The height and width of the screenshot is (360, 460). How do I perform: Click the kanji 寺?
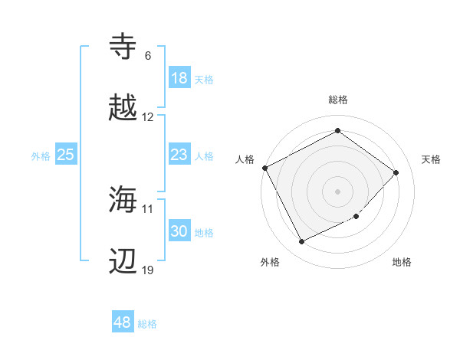[x=124, y=46]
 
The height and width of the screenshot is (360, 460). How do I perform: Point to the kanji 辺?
[x=124, y=261]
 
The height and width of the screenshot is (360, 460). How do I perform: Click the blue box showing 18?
[x=179, y=78]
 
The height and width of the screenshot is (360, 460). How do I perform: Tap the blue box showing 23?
[x=179, y=155]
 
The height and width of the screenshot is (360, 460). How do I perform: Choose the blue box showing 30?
[x=179, y=231]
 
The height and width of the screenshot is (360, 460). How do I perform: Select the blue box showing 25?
[x=66, y=155]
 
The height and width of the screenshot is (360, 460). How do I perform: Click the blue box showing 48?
[x=123, y=322]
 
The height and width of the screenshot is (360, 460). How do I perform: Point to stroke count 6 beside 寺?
[x=147, y=56]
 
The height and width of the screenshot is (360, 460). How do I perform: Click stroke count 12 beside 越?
[x=148, y=117]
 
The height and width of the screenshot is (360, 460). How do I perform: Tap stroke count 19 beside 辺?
[x=148, y=271]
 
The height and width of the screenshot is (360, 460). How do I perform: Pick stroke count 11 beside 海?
[x=148, y=208]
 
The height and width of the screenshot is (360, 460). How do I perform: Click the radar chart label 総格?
[x=337, y=100]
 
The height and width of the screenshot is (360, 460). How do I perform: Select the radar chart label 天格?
[x=432, y=159]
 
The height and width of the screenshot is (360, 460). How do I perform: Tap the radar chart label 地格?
[x=402, y=263]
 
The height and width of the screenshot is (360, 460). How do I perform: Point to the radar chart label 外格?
[x=270, y=263]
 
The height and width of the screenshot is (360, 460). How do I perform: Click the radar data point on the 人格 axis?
[x=264, y=168]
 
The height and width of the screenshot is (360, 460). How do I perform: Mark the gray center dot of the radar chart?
[x=337, y=191]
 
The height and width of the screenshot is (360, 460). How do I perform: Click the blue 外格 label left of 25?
[x=41, y=155]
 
